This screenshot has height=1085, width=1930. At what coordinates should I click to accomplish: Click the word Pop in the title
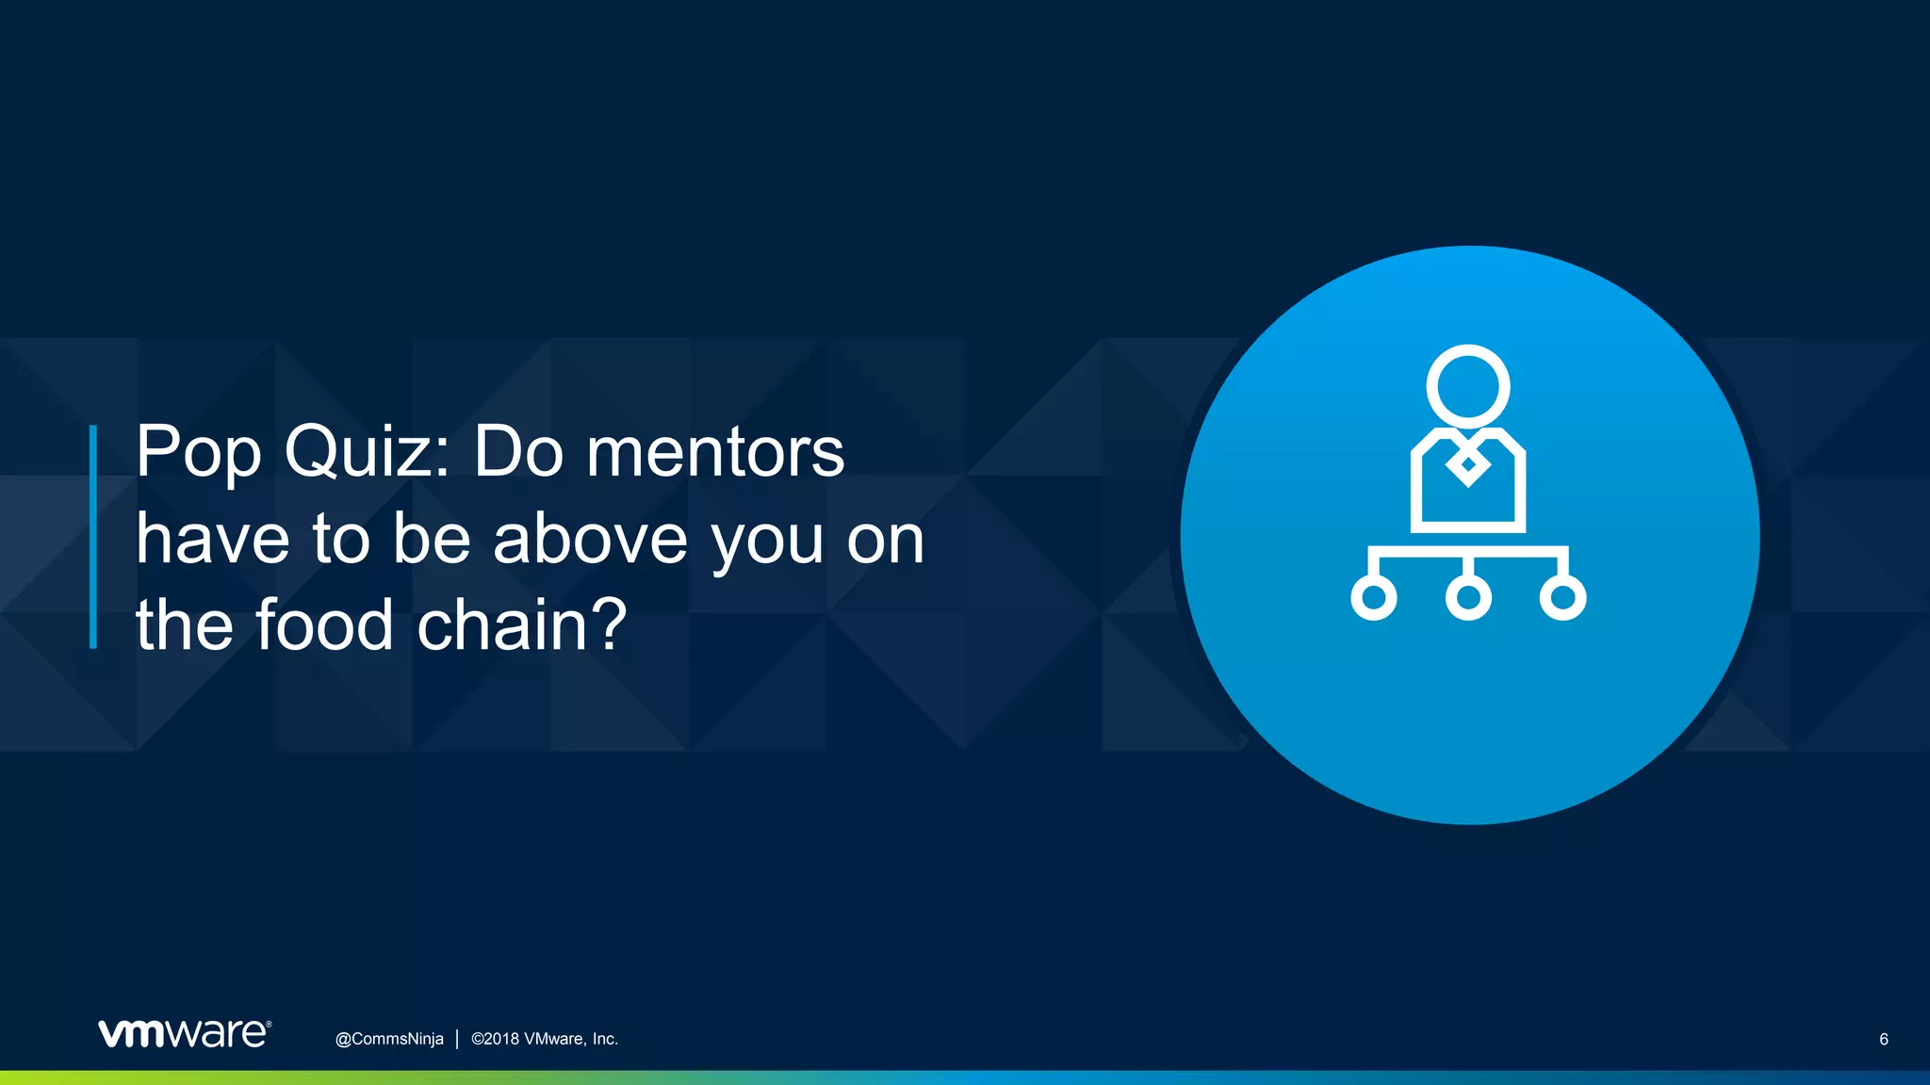(198, 453)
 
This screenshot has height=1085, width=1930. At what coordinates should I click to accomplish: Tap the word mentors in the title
(715, 453)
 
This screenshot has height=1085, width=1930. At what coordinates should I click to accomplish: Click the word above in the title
(591, 540)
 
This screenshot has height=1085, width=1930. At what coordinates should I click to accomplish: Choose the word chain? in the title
(522, 625)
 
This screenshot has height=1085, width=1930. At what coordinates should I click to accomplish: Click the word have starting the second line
(213, 540)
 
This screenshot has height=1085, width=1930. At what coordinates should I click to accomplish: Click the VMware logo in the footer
(185, 1033)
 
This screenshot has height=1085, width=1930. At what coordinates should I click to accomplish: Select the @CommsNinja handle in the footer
(389, 1039)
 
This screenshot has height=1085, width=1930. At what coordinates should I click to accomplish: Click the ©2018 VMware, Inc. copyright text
(545, 1039)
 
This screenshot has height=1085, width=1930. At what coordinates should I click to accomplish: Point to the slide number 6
(1883, 1040)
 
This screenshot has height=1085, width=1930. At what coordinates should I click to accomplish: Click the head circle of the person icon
(1467, 386)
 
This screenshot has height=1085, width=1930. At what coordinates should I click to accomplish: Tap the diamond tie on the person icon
(1467, 463)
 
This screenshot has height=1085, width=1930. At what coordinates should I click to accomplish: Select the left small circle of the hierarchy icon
(1373, 597)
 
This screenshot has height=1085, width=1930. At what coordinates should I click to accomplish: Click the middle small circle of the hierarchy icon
(1468, 597)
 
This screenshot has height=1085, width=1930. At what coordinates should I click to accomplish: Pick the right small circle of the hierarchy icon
(1562, 597)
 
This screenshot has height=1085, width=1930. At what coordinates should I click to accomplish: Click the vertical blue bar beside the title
(93, 537)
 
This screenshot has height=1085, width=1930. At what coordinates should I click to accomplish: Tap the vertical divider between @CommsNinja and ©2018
(457, 1039)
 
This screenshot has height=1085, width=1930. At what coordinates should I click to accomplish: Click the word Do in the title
(517, 453)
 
